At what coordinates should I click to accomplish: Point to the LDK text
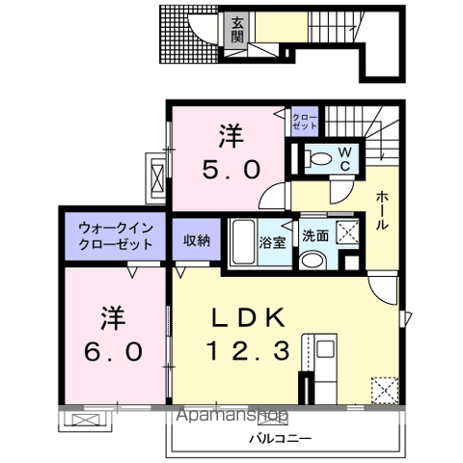[246, 318]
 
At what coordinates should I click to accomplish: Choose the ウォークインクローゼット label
[116, 236]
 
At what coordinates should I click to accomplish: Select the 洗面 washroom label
[315, 235]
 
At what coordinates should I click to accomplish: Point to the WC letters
[344, 157]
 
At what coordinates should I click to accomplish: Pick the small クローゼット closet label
[305, 122]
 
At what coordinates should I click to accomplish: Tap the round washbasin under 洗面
[313, 259]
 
